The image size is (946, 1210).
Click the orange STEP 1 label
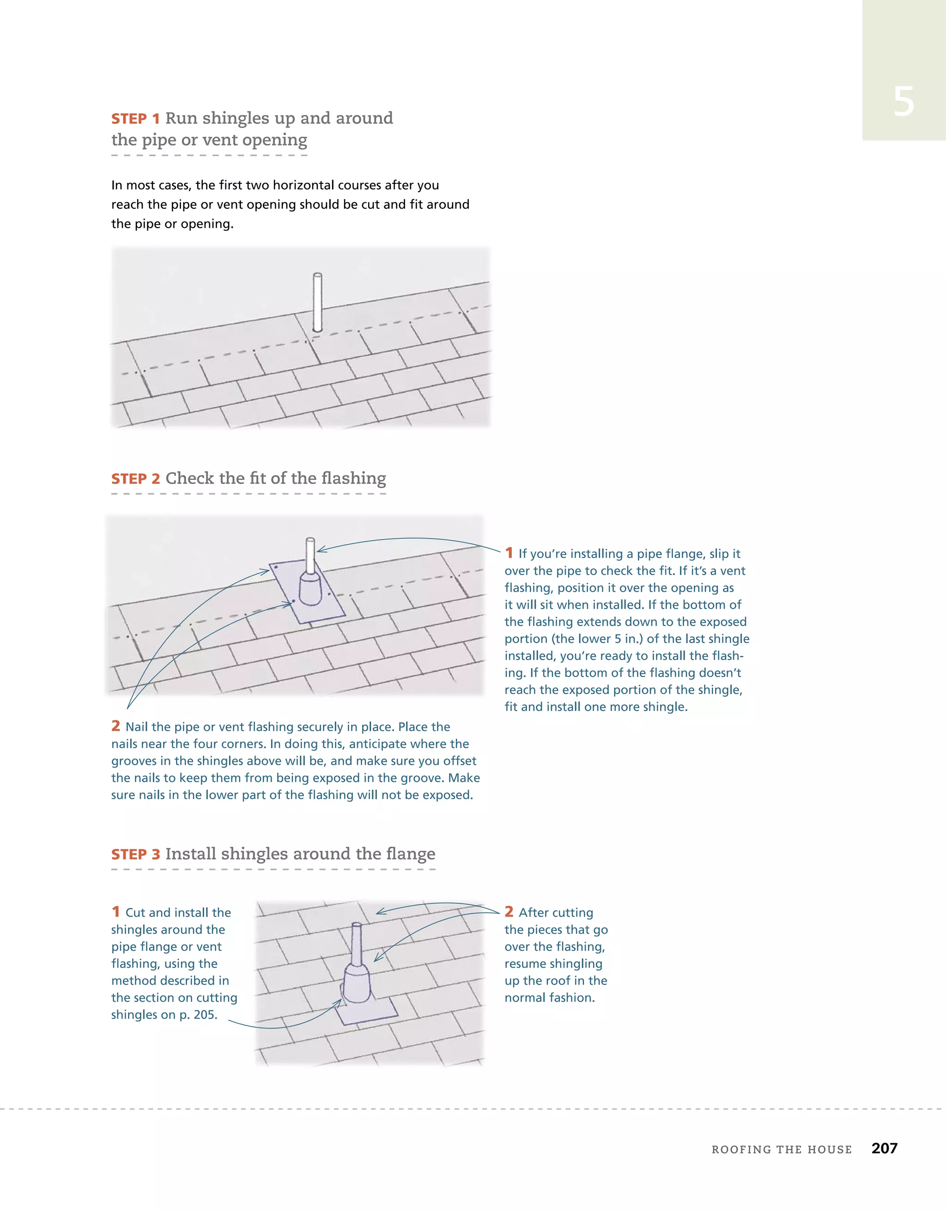click(135, 119)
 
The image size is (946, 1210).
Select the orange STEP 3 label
click(135, 855)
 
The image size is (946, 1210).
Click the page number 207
click(884, 1149)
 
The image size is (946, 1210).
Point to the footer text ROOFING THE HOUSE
click(782, 1149)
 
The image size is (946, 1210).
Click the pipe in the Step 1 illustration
click(317, 302)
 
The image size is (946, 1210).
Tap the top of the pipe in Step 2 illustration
click(310, 541)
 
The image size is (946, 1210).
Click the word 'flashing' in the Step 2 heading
click(353, 478)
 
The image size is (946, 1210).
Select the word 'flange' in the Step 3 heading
click(410, 854)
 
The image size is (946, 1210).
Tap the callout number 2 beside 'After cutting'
click(509, 912)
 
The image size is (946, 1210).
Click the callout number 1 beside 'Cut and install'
click(116, 912)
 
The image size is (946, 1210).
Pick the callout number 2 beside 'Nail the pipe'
click(116, 726)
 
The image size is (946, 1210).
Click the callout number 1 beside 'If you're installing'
click(509, 553)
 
